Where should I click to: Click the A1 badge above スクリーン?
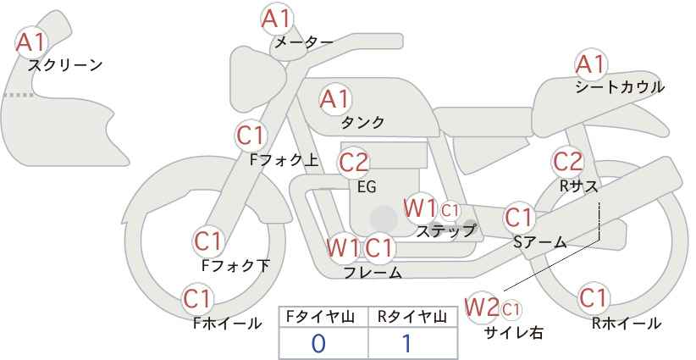point(31,42)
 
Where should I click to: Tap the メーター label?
point(304,42)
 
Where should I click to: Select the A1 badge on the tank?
point(335,99)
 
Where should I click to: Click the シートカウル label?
point(620,86)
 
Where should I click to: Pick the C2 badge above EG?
point(354,163)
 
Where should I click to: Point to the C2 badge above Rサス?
point(567,162)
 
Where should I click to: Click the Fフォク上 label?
point(284,160)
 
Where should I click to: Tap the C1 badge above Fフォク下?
point(208,242)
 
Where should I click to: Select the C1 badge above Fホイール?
point(197,299)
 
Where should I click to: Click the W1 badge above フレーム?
point(343,247)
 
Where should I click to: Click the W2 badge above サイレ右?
point(482,307)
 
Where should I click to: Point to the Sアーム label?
point(539,242)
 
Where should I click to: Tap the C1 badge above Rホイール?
point(593,298)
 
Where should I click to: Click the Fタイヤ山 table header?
point(320,317)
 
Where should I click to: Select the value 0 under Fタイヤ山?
point(318,344)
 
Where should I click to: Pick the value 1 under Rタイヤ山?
point(406,344)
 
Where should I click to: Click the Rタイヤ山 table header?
point(412,317)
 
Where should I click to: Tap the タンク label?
point(362,122)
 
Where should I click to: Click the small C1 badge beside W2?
point(511,309)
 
